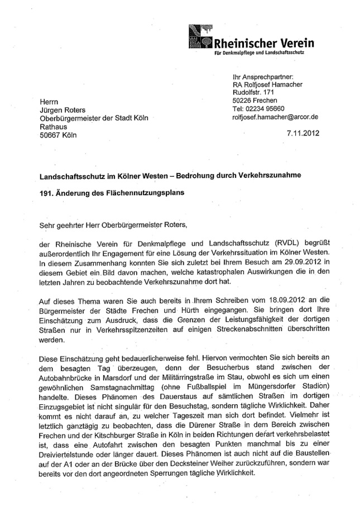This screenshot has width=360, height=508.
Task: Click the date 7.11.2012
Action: point(302,134)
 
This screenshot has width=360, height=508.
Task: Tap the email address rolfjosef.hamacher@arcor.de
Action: point(275,117)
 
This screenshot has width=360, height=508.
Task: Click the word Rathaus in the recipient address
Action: point(54,126)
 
